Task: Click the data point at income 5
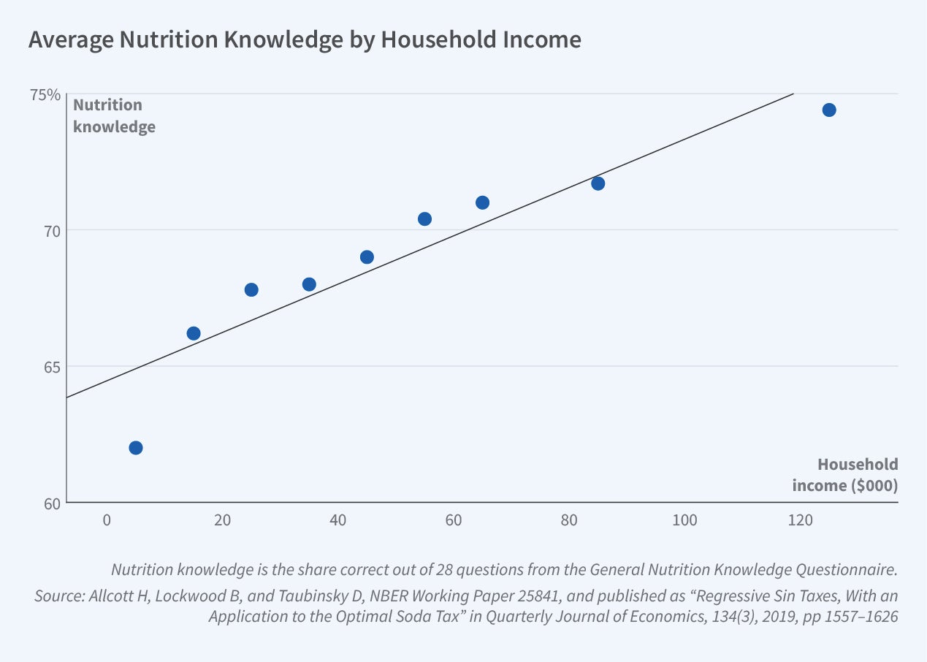click(x=135, y=447)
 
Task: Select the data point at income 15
click(x=194, y=333)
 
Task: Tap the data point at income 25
click(x=251, y=289)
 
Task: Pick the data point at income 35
click(x=309, y=284)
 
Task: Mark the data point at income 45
click(x=367, y=257)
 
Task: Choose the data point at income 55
click(x=424, y=219)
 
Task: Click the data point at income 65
click(x=482, y=202)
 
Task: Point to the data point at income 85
click(x=598, y=183)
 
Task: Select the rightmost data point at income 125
click(x=828, y=110)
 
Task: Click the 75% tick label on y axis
click(x=45, y=94)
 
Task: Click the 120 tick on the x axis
click(x=800, y=520)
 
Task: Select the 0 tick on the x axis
click(x=107, y=520)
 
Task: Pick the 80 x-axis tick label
click(x=569, y=520)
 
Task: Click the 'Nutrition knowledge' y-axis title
click(x=114, y=115)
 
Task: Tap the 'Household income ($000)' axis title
click(x=845, y=475)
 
